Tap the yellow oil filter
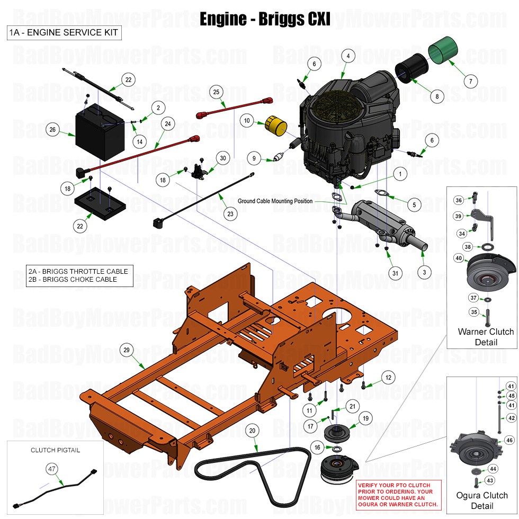pos(276,126)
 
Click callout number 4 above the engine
pos(347,56)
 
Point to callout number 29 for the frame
pos(127,350)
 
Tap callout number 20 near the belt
pos(253,431)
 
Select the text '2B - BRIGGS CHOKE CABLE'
pos(73,279)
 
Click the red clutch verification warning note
pos(398,495)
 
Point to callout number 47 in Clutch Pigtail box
pos(52,468)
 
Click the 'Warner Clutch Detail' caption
pos(486,337)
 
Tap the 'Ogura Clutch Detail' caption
pos(482,500)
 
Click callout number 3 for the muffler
pos(424,272)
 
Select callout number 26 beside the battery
pos(52,129)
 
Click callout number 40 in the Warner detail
pos(459,258)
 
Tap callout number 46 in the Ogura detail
pos(509,440)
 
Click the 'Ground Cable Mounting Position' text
pos(275,201)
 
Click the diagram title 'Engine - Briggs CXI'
pos(264,19)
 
